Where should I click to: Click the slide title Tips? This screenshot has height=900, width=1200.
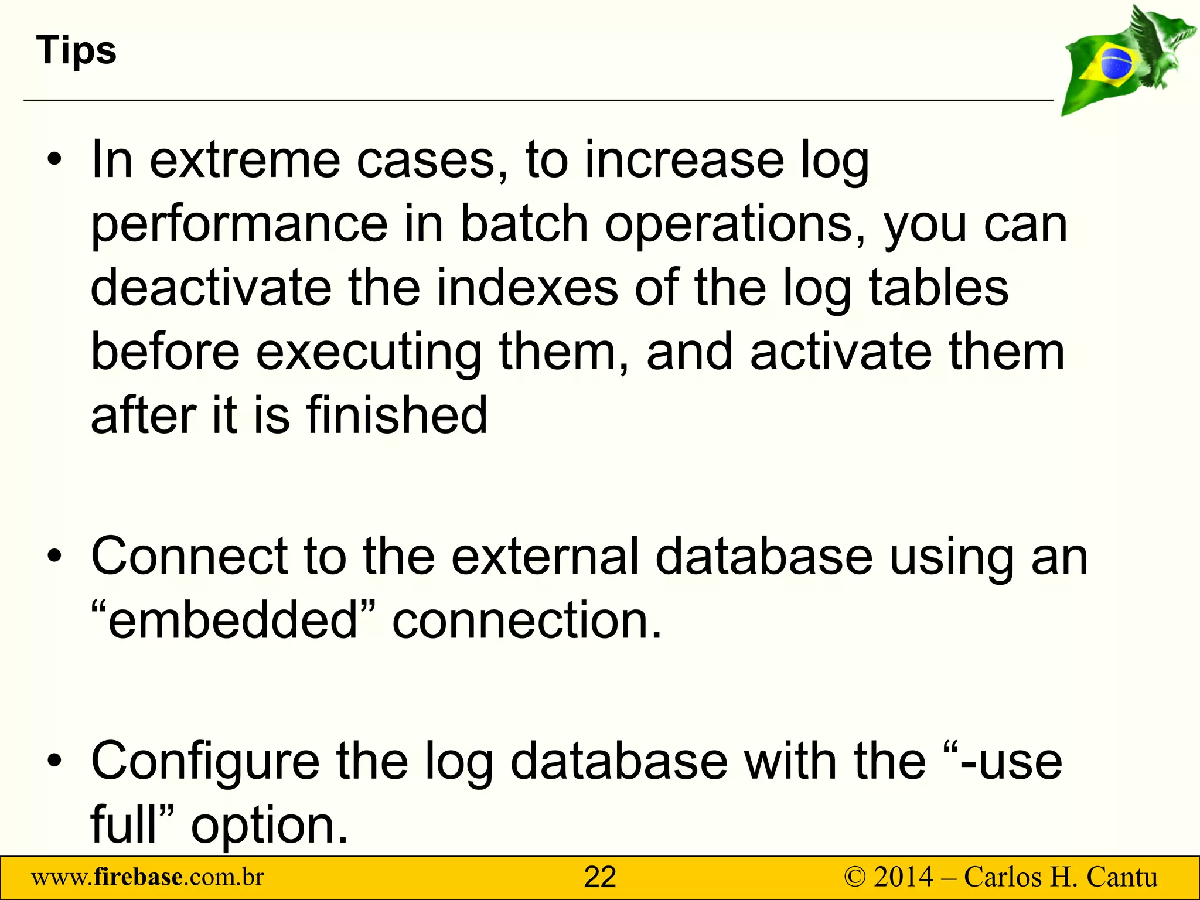pos(76,50)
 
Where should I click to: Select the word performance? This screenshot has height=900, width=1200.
pos(239,226)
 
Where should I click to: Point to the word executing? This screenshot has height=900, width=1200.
pos(369,353)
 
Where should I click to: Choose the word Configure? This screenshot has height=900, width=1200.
pos(205,761)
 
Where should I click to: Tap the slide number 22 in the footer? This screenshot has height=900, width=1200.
pos(600,878)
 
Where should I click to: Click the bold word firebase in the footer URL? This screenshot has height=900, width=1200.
pos(138,877)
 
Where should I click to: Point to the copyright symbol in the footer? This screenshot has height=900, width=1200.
pos(855,878)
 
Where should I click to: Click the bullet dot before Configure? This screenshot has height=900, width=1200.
pos(54,761)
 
